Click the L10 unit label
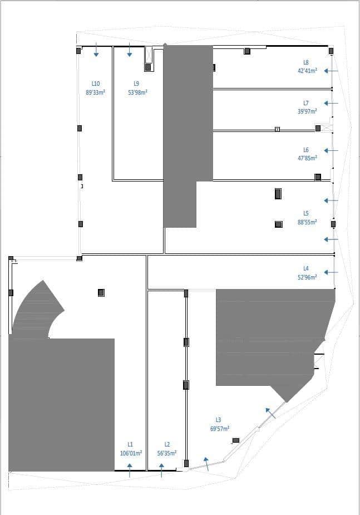coord(95,84)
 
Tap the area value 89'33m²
coord(95,92)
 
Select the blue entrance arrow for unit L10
coord(96,50)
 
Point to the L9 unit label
coord(136,84)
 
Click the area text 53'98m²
coord(137,92)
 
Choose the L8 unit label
coord(306,62)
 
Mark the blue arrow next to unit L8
coord(331,71)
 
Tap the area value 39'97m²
coord(307,111)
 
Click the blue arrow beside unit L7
coord(331,103)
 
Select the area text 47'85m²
coord(307,158)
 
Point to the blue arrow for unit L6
coord(331,150)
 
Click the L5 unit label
coord(306,213)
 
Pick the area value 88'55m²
coord(307,222)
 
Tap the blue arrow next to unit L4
coord(331,272)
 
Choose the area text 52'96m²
coord(307,277)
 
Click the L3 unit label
coord(219,420)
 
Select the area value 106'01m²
coord(131,453)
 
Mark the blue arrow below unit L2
coord(161,471)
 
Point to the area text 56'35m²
coord(167,453)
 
